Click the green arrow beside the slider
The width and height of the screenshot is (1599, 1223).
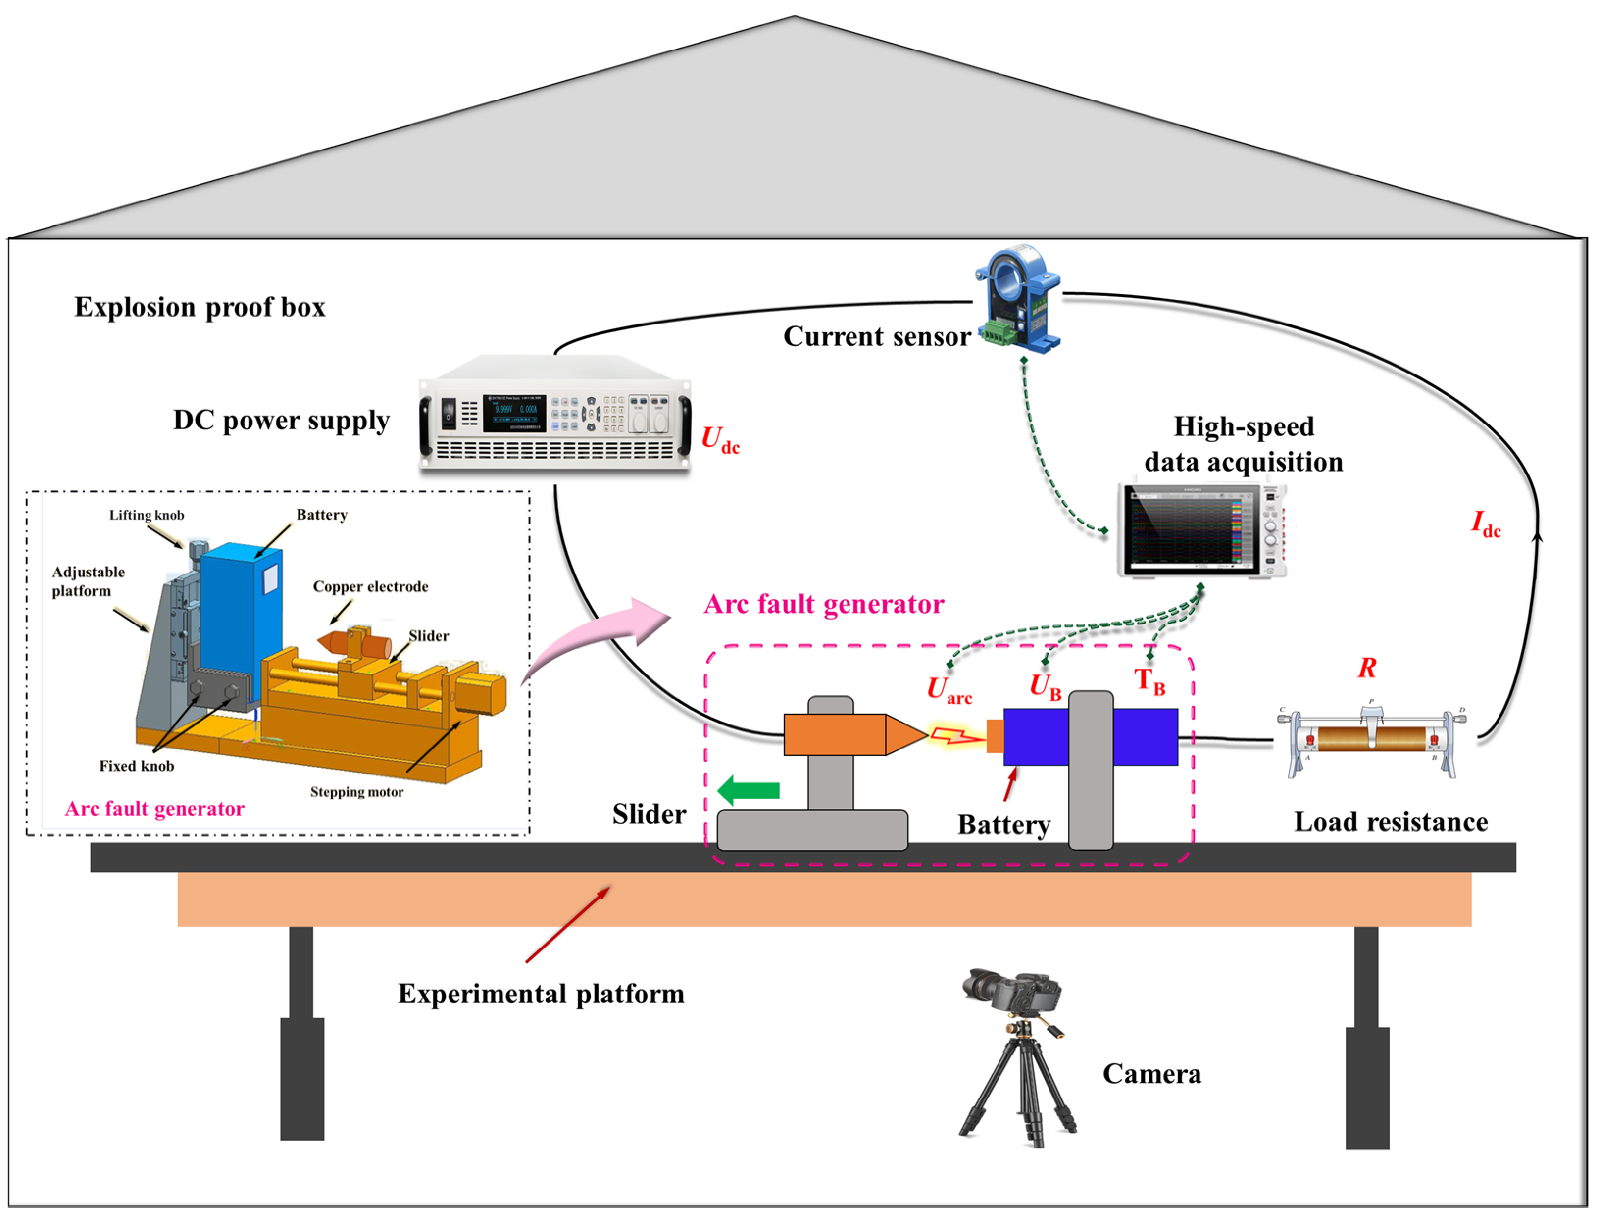[x=748, y=791]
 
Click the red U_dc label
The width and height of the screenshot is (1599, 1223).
[x=721, y=440]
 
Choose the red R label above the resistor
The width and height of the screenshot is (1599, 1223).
[x=1367, y=668]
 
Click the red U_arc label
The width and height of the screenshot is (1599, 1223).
[x=949, y=690]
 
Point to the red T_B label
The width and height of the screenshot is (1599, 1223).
[x=1150, y=681]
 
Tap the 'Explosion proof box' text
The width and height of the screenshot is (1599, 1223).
[x=200, y=307]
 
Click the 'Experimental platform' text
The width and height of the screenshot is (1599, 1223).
[x=541, y=994]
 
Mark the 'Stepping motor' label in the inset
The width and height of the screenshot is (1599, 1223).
[x=357, y=792]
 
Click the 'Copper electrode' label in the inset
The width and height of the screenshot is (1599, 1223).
[x=371, y=587]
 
